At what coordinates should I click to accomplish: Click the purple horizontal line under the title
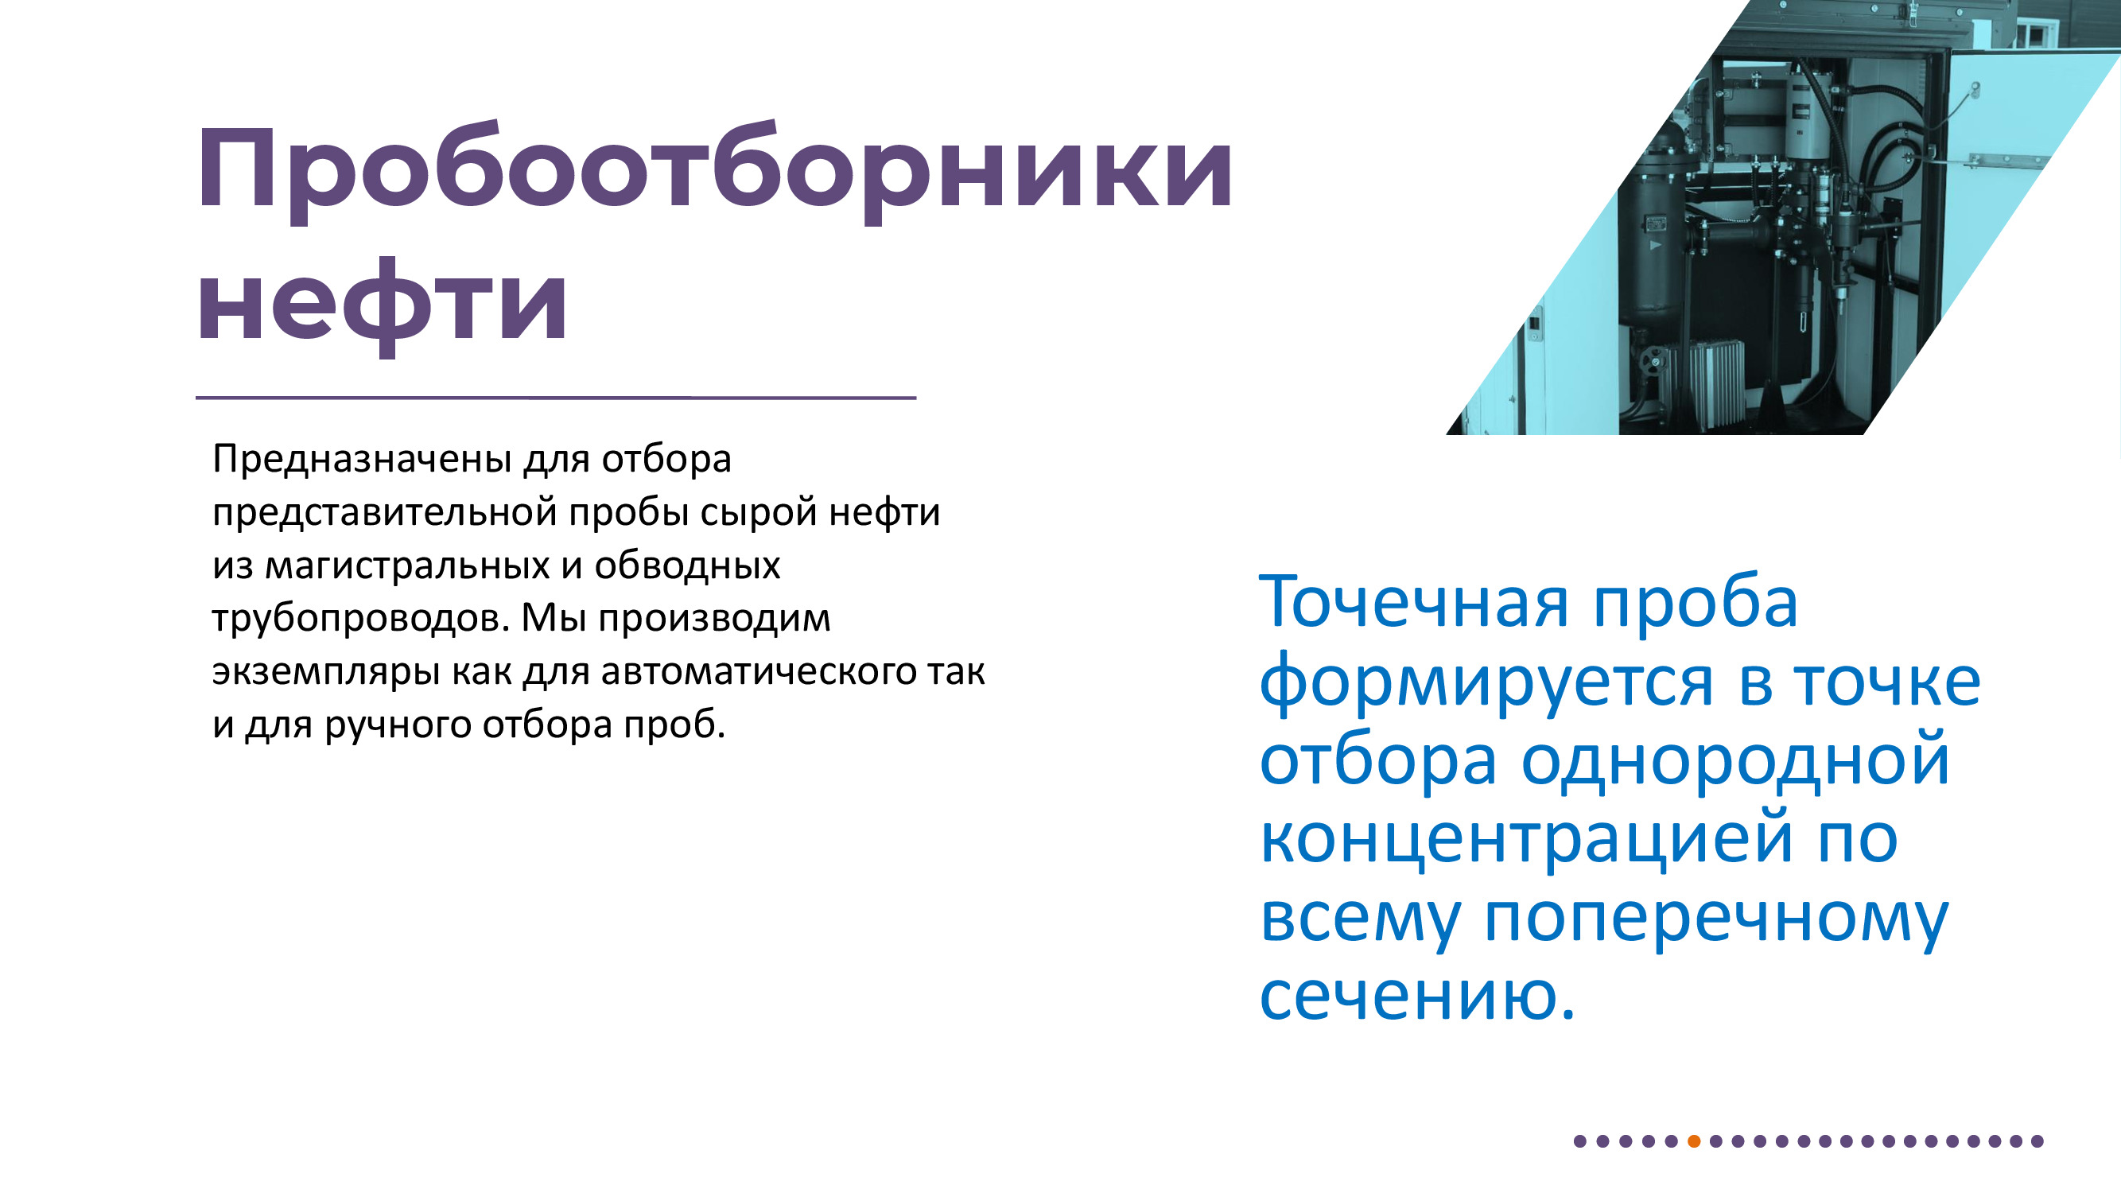(556, 398)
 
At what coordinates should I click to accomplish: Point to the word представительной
(386, 513)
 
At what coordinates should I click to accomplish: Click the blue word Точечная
(1413, 603)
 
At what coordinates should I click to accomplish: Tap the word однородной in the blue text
(1734, 762)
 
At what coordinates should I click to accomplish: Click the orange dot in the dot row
(1694, 1141)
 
